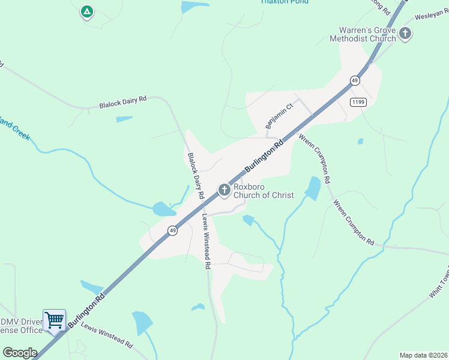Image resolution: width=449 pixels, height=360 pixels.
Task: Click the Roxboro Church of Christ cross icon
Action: pyautogui.click(x=224, y=191)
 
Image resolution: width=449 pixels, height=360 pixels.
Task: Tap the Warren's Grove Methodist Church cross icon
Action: pyautogui.click(x=405, y=34)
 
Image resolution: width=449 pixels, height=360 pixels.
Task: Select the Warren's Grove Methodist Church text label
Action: pyautogui.click(x=363, y=34)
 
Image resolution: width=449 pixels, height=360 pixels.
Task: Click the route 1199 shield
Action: pyautogui.click(x=358, y=102)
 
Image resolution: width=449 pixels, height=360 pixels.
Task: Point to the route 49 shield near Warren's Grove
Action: pyautogui.click(x=355, y=80)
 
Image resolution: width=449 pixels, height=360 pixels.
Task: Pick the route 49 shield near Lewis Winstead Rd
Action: pyautogui.click(x=172, y=230)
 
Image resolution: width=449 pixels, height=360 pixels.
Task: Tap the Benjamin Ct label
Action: pyautogui.click(x=279, y=115)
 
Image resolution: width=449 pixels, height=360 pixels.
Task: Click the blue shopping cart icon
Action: pyautogui.click(x=54, y=319)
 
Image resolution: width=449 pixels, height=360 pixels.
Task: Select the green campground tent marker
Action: pyautogui.click(x=87, y=11)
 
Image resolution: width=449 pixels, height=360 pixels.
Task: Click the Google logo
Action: pyautogui.click(x=19, y=353)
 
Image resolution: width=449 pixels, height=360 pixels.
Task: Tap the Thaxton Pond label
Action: pyautogui.click(x=285, y=2)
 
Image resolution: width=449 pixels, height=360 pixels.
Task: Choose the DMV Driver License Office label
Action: pyautogui.click(x=21, y=326)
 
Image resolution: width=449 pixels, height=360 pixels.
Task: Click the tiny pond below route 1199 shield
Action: pyautogui.click(x=360, y=142)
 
